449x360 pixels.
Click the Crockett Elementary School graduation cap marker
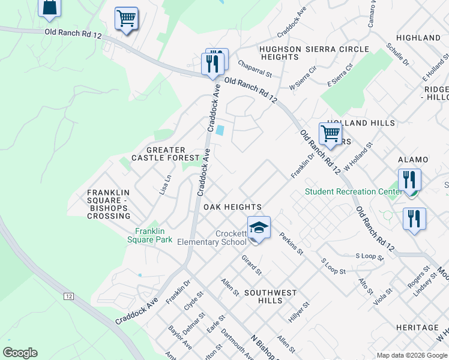pyautogui.click(x=259, y=229)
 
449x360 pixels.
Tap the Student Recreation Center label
pyautogui.click(x=353, y=192)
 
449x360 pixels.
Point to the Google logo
pyautogui.click(x=20, y=353)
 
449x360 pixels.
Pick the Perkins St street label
pyautogui.click(x=292, y=244)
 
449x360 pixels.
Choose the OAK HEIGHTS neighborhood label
pyautogui.click(x=232, y=207)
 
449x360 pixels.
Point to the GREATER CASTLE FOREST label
pyautogui.click(x=158, y=154)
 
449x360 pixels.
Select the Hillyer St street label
pyautogui.click(x=298, y=313)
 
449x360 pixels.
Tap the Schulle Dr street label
pyautogui.click(x=398, y=54)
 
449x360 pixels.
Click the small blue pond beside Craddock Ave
pyautogui.click(x=220, y=130)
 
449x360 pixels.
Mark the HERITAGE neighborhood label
pyautogui.click(x=417, y=328)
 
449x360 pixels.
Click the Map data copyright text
pyautogui.click(x=411, y=355)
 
